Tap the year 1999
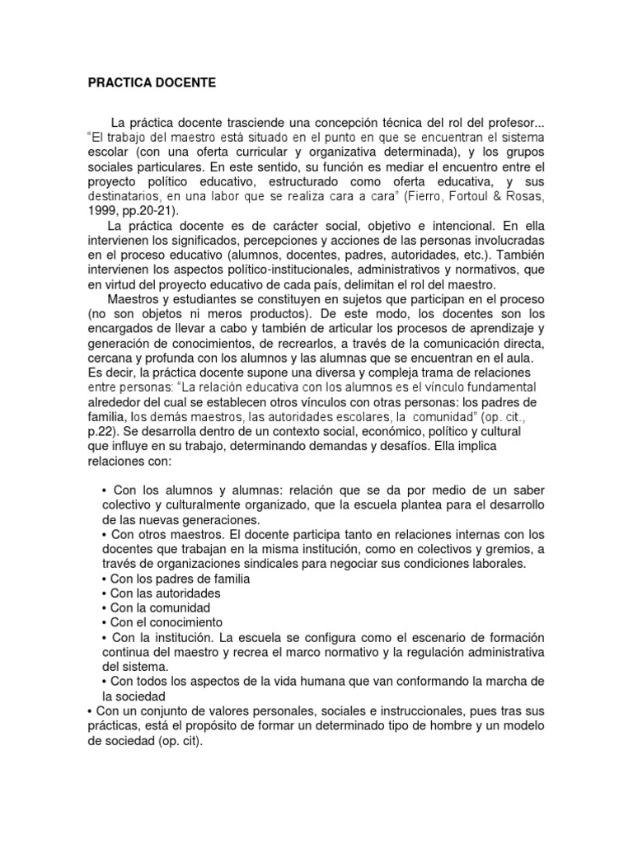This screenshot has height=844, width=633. pyautogui.click(x=104, y=212)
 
